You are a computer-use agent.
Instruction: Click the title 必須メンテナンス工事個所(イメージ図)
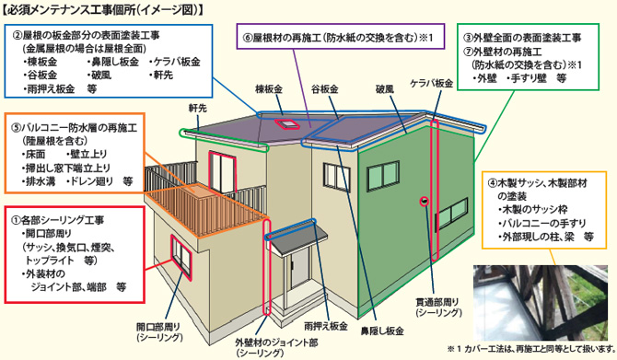103,10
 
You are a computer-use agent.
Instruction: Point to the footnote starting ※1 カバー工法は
530,350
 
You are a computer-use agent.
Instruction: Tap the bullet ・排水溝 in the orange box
38,180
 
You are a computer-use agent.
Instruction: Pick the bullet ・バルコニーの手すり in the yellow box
541,224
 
